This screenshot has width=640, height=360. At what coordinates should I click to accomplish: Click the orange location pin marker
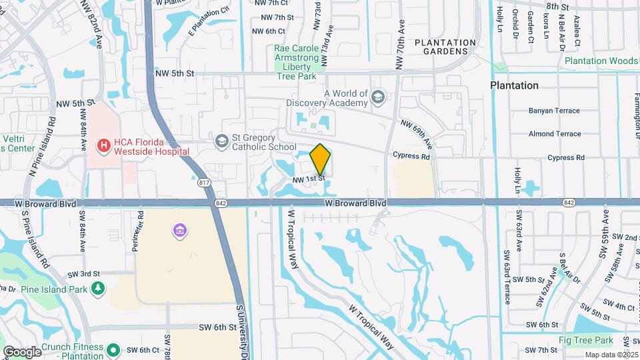[x=321, y=159]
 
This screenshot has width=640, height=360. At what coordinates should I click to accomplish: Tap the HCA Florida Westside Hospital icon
[x=103, y=144]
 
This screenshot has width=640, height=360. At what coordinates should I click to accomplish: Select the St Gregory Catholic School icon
[x=221, y=141]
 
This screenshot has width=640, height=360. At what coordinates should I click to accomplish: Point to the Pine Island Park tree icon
[x=99, y=288]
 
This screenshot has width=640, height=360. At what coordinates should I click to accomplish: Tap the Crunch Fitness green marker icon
[x=113, y=349]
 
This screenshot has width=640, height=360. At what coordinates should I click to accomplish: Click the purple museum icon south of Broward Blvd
[x=179, y=231]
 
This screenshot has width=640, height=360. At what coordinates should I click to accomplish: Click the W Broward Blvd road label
[x=355, y=202]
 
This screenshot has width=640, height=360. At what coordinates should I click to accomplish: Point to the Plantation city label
[x=514, y=85]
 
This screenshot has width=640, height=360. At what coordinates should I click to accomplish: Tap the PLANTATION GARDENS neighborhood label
[x=445, y=47]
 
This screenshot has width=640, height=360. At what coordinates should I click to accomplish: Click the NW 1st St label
[x=308, y=179]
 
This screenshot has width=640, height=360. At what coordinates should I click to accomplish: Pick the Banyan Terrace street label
[x=554, y=111]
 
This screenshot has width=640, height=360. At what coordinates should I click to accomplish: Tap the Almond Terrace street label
[x=554, y=134]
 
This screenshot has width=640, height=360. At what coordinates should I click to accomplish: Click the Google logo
[x=22, y=351]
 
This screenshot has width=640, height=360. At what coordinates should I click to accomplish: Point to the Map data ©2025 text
[x=613, y=355]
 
